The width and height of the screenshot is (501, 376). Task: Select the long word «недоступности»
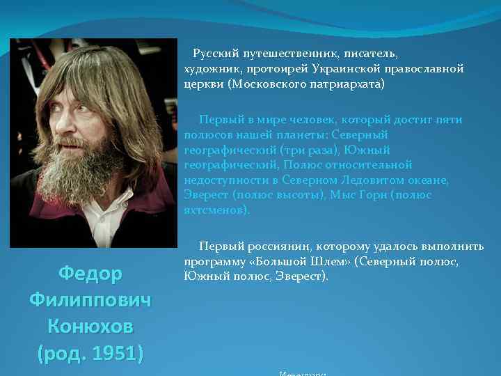point(226,180)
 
